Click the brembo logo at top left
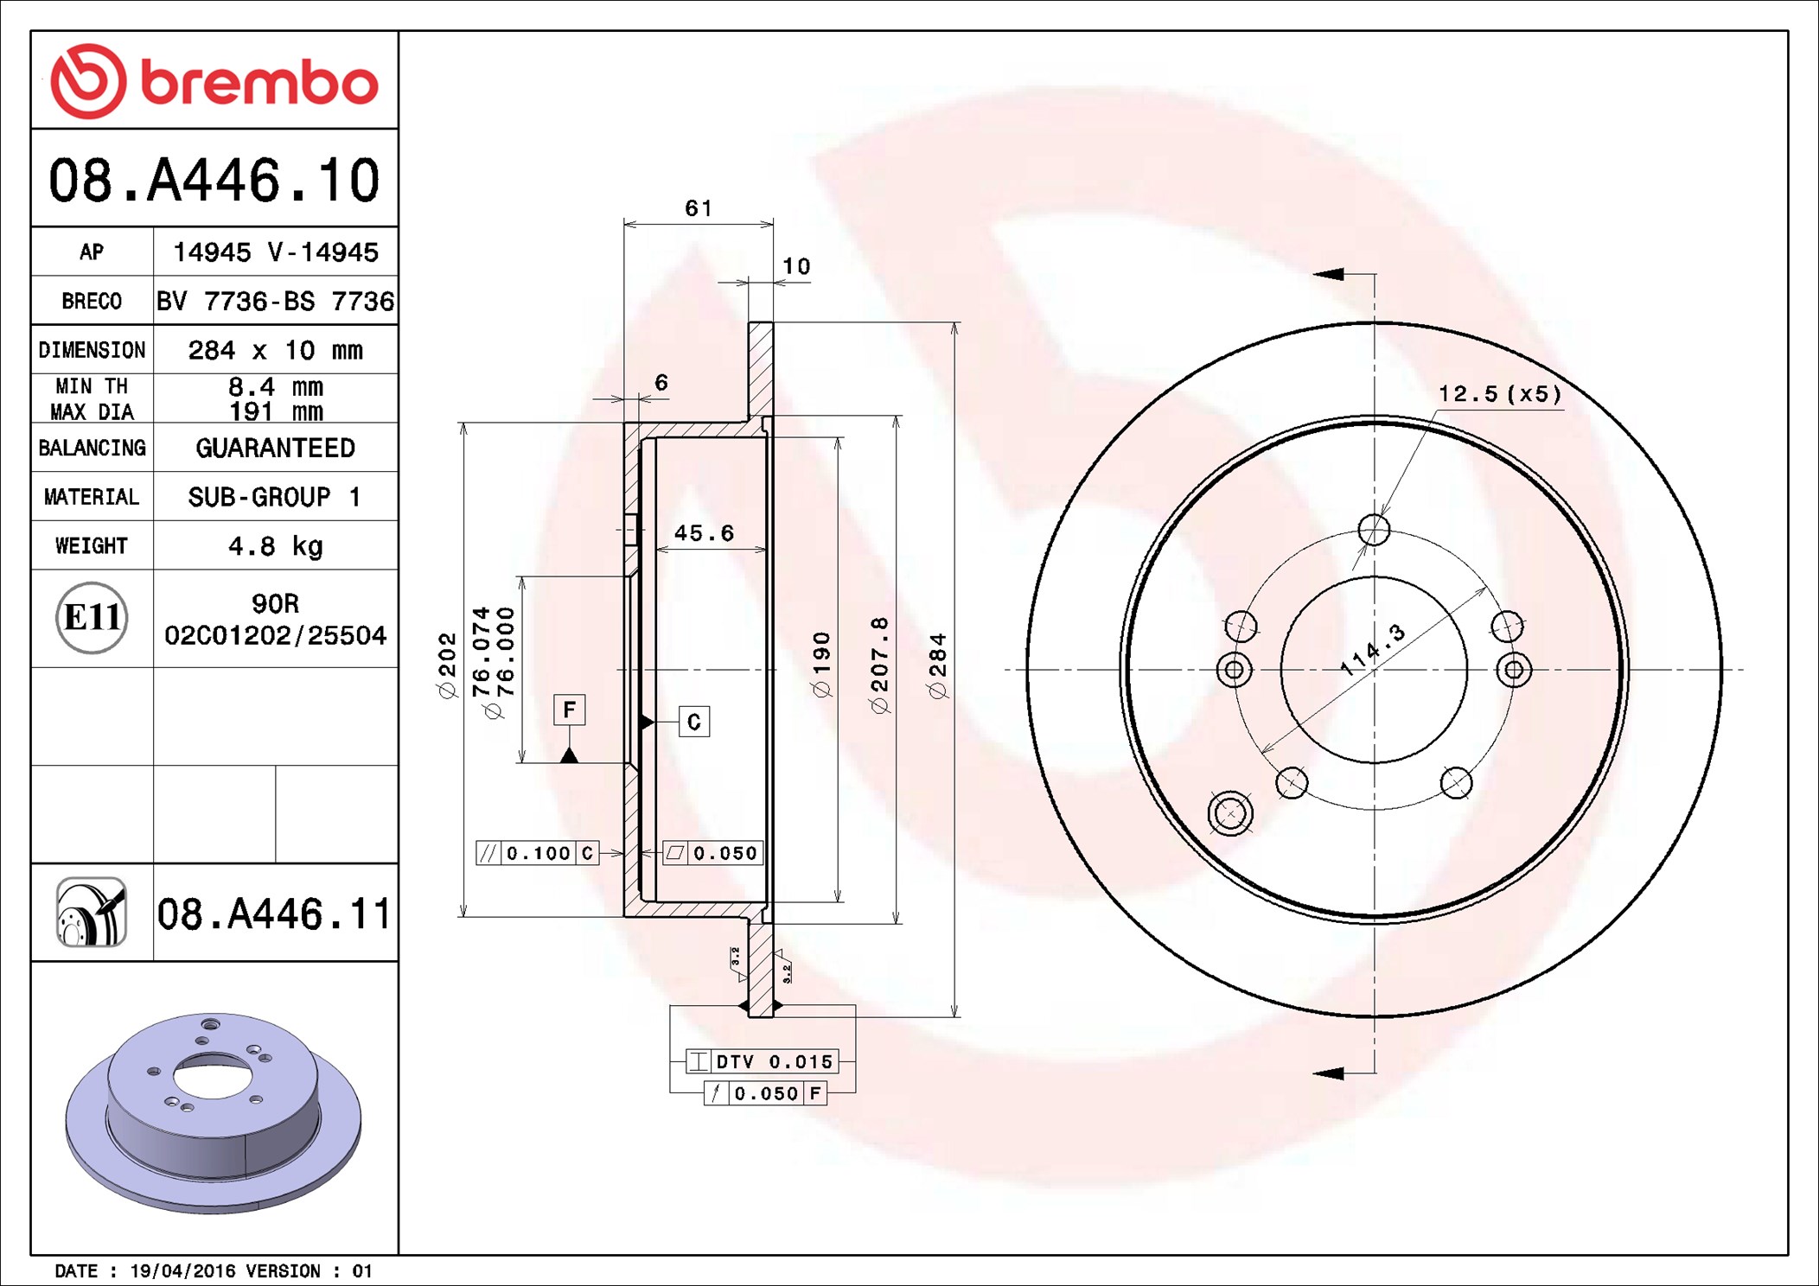click(214, 80)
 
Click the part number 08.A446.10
click(214, 180)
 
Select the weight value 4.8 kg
click(275, 546)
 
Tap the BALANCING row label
click(92, 448)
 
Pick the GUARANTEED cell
click(275, 448)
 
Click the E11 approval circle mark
click(92, 617)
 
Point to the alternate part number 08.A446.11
click(273, 914)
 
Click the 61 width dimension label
click(699, 208)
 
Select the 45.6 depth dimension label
click(704, 533)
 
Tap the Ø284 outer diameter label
click(937, 665)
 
